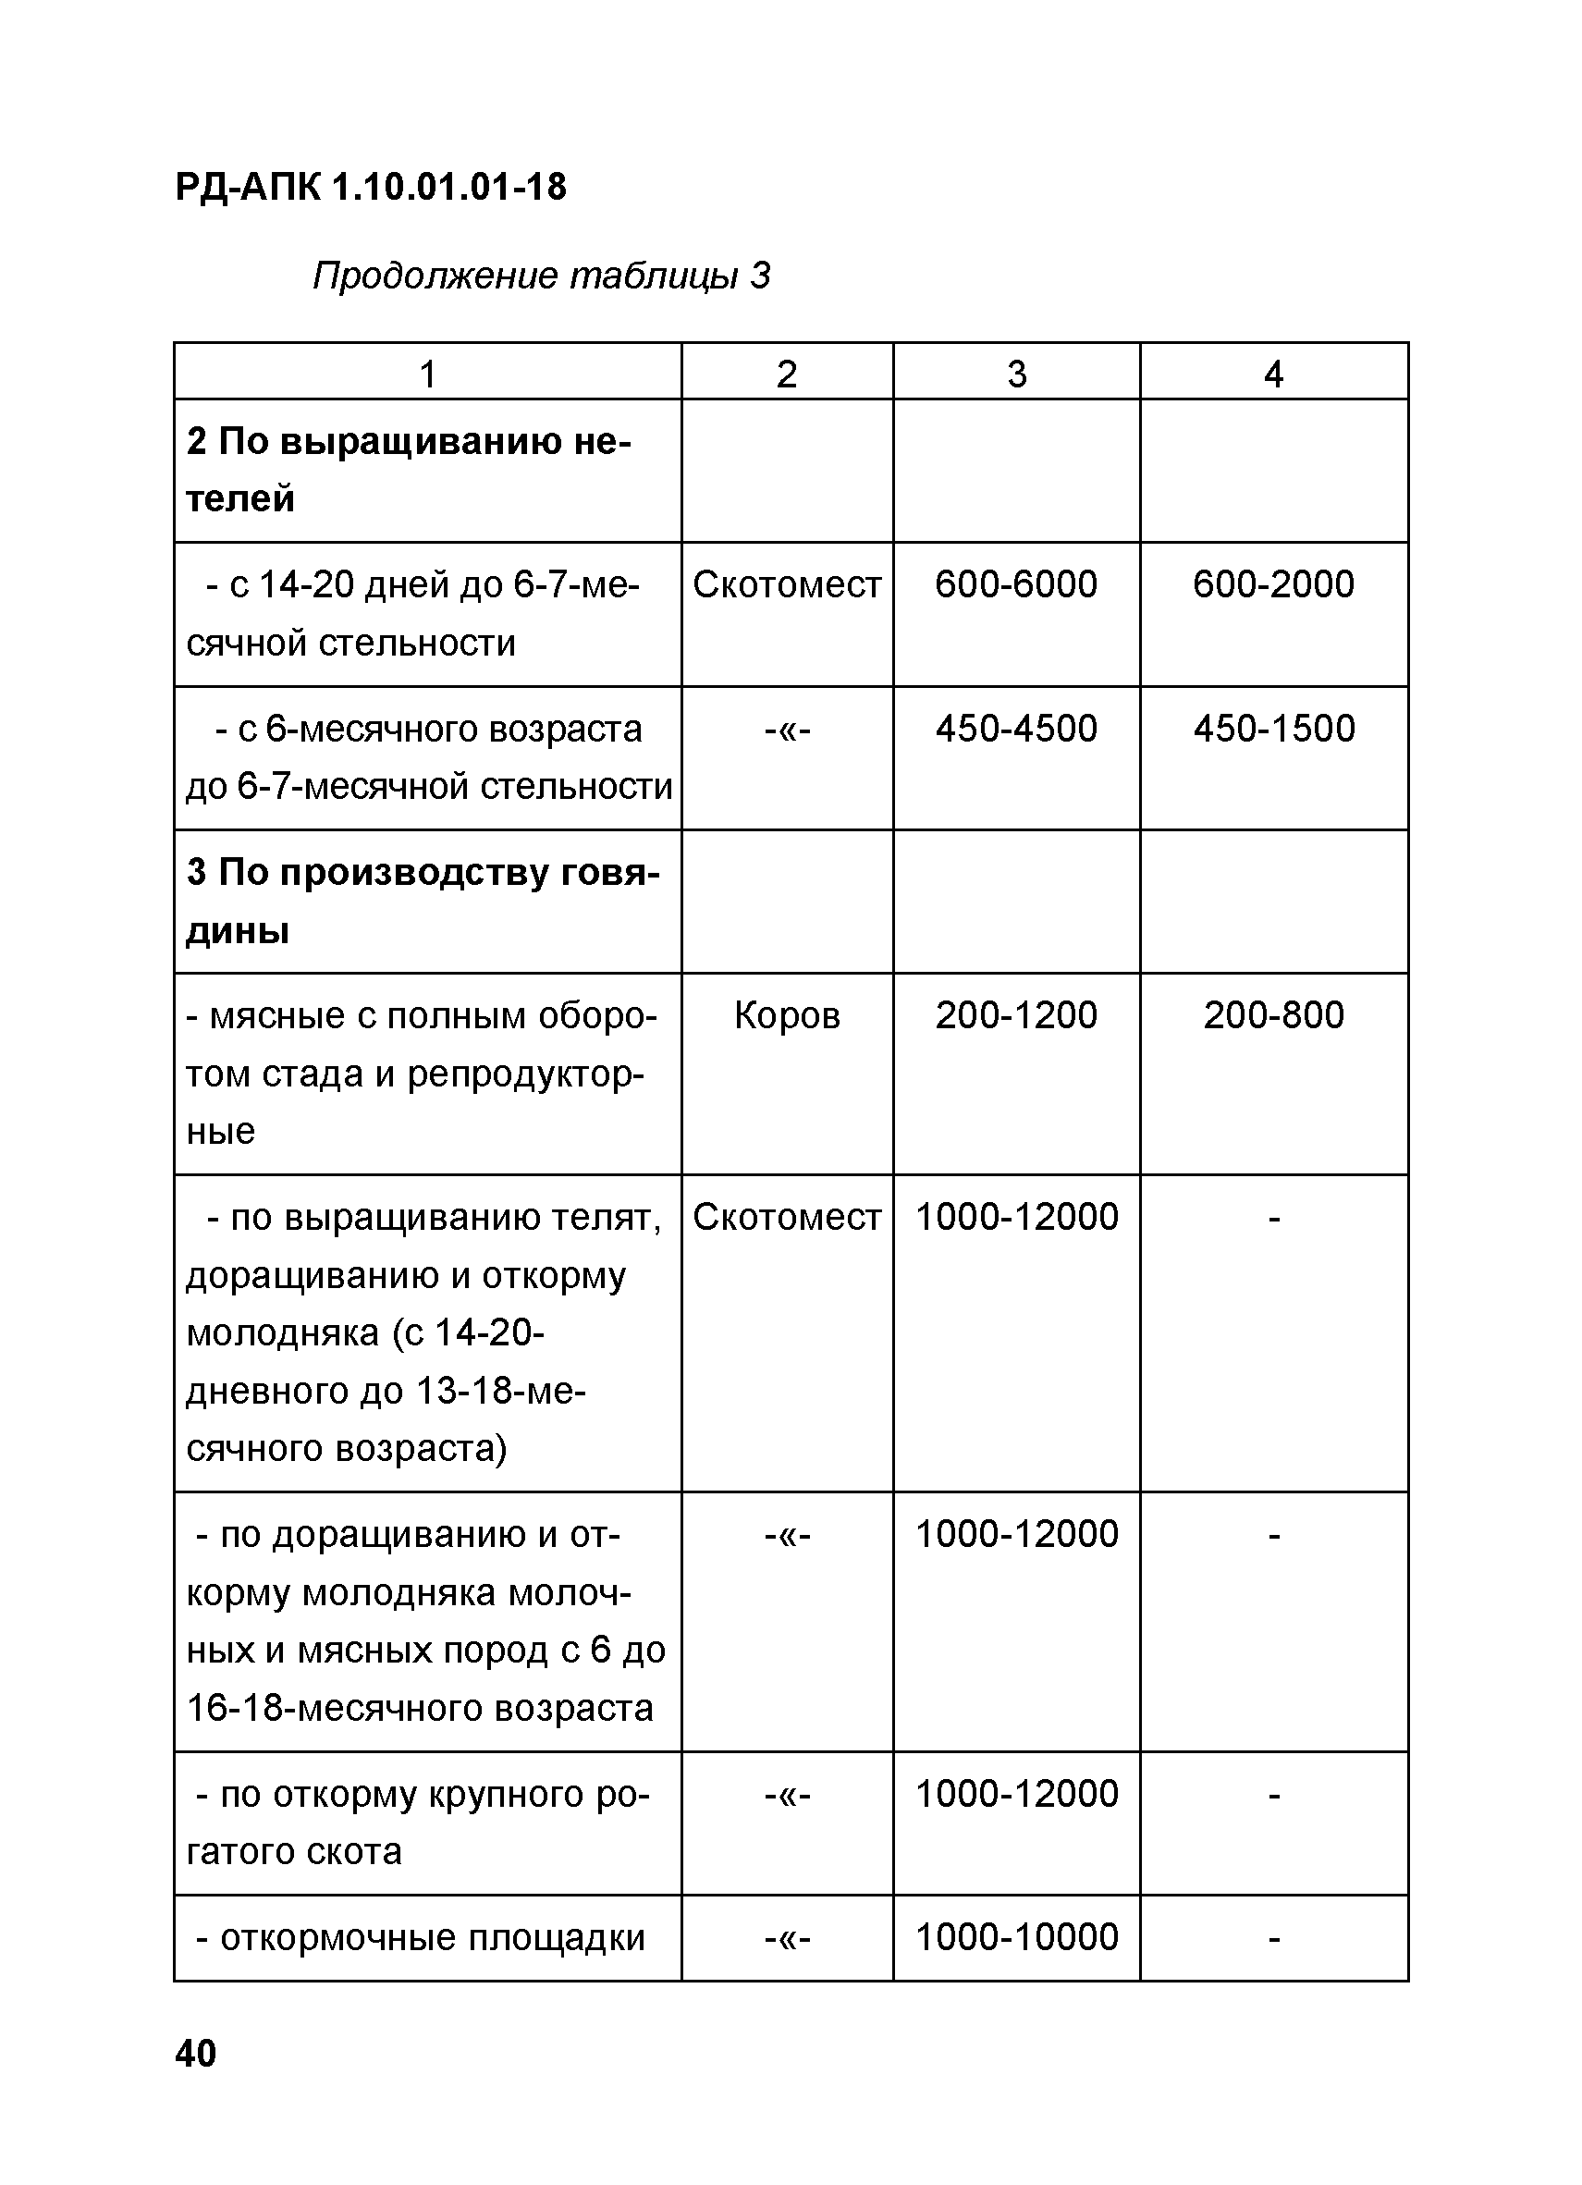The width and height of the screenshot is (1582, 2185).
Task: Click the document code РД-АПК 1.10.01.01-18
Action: click(371, 187)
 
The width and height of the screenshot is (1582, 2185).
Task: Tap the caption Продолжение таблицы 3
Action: click(541, 276)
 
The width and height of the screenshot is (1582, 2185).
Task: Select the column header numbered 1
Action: click(428, 374)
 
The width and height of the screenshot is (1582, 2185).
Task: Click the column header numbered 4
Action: click(1273, 374)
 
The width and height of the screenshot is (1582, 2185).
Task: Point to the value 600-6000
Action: click(1015, 584)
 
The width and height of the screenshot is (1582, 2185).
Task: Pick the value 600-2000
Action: click(1273, 584)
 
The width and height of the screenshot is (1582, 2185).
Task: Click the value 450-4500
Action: click(1015, 730)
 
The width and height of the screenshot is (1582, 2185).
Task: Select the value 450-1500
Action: click(1273, 730)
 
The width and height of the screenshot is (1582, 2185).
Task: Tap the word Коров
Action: click(786, 1015)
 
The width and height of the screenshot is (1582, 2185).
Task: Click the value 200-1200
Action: click(1015, 1015)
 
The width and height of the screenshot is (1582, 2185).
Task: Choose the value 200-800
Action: click(1273, 1015)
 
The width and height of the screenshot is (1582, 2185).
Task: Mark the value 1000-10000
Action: click(1015, 1937)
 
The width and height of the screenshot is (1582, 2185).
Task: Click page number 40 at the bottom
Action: click(196, 2053)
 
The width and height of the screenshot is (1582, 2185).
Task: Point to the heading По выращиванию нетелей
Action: click(409, 470)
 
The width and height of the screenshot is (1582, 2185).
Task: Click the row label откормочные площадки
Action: click(420, 1937)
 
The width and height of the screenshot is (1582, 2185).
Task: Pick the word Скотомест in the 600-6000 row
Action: click(786, 584)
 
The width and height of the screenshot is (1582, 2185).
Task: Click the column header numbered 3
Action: click(1015, 374)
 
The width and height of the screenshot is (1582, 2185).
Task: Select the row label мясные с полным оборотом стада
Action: click(422, 1073)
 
